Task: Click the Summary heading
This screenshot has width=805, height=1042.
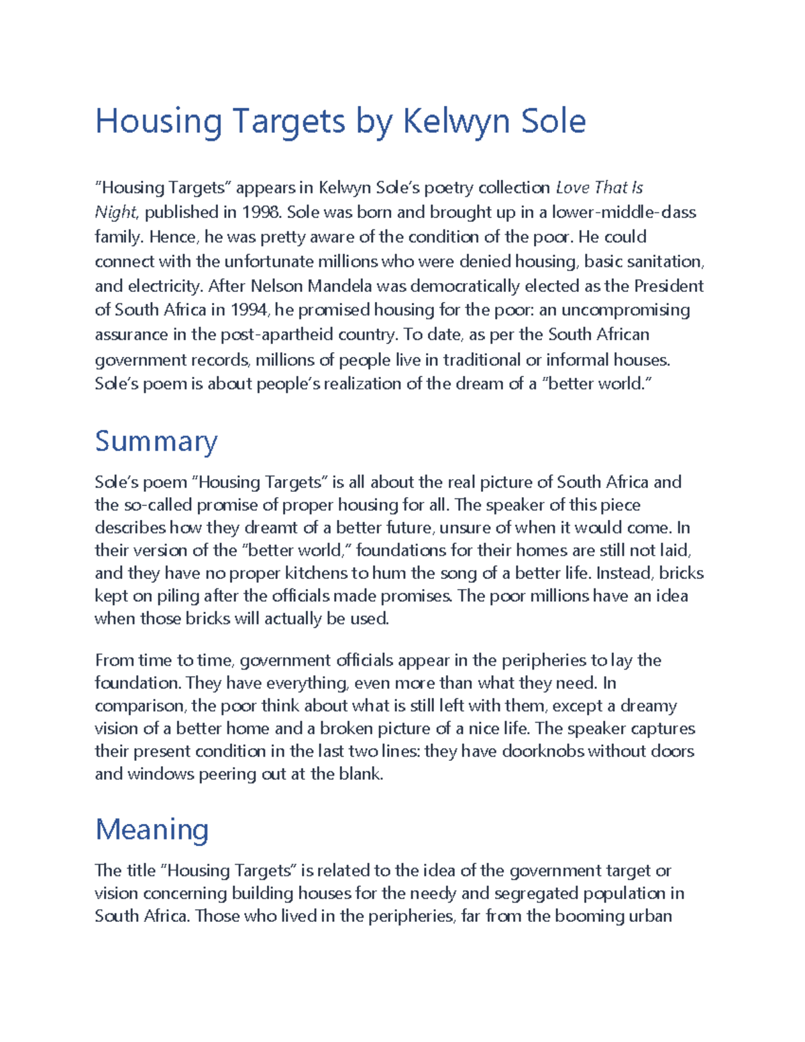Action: point(156,441)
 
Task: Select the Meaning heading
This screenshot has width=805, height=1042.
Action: point(152,829)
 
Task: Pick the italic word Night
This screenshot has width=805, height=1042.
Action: point(115,213)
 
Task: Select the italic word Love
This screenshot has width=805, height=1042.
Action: point(573,188)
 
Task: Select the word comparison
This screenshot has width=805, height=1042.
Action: point(139,707)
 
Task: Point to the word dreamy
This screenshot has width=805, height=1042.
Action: point(648,706)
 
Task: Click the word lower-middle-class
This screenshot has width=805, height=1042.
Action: point(623,213)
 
